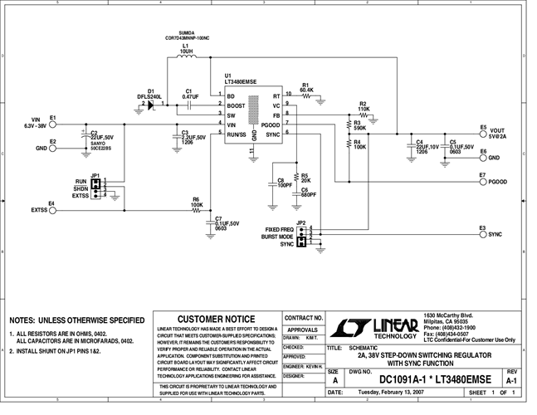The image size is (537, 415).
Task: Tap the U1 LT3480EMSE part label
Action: point(240,81)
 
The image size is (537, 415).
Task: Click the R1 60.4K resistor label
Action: point(306,87)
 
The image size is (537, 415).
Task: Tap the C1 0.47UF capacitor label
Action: point(189,94)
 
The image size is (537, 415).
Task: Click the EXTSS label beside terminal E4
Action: point(40,211)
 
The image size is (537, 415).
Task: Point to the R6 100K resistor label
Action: point(197,202)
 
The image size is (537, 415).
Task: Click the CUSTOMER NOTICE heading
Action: point(217,319)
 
